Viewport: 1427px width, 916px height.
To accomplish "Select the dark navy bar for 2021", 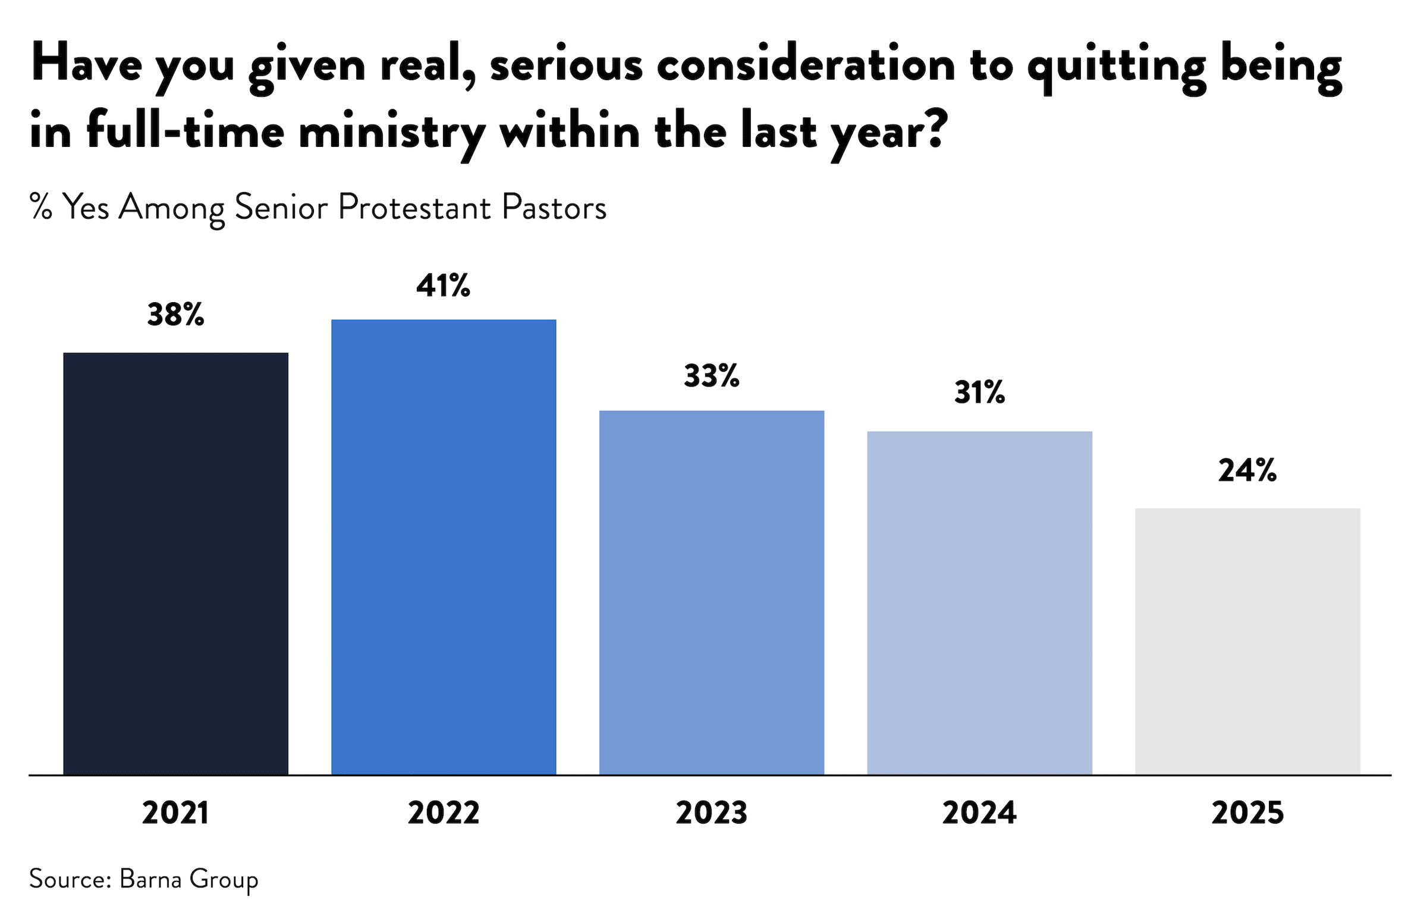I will pos(175,563).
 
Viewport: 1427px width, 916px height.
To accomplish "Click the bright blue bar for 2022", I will pos(444,547).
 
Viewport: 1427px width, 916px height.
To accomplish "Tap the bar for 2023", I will pos(711,592).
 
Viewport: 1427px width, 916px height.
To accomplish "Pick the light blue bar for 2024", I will pos(979,603).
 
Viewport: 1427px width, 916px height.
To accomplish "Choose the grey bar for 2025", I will pos(1247,641).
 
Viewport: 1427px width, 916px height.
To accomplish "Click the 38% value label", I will pos(175,315).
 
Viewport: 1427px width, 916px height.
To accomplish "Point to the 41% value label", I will pos(444,286).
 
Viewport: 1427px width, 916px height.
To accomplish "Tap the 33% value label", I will pos(711,376).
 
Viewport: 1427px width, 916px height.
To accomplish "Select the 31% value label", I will pos(979,393).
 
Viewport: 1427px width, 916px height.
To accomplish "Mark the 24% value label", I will pos(1247,470).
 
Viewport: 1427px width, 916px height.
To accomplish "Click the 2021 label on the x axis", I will pos(175,813).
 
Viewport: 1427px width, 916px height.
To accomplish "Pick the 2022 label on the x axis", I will pos(444,813).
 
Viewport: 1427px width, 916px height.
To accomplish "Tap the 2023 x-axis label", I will pos(711,813).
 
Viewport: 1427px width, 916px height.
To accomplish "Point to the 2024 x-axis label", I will pos(979,813).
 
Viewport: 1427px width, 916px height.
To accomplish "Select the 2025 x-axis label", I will pos(1247,813).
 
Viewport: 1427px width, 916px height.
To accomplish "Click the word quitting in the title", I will pos(1117,67).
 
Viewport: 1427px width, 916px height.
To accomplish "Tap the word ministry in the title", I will pos(391,133).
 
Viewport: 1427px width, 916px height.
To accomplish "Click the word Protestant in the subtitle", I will pos(414,208).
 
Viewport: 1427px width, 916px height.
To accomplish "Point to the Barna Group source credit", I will pos(188,879).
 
